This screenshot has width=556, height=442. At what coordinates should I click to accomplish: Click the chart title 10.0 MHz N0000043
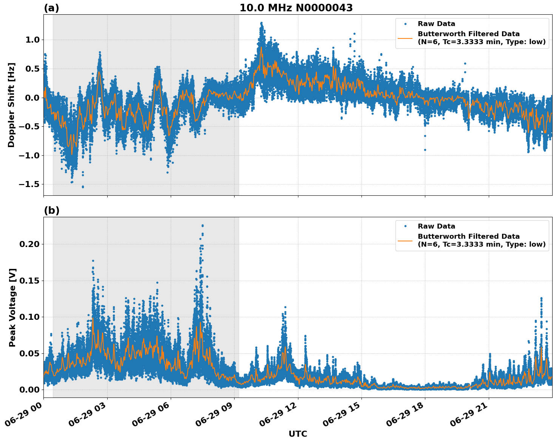(296, 8)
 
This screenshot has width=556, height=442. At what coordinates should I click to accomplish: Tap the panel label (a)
(51, 8)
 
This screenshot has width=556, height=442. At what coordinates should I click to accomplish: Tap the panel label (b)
(51, 210)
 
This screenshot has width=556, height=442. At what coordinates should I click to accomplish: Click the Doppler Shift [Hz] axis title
(11, 105)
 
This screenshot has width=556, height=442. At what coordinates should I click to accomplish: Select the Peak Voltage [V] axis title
(12, 307)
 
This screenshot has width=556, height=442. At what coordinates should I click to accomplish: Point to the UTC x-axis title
(298, 434)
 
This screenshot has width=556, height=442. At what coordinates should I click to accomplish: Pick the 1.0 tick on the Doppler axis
(34, 40)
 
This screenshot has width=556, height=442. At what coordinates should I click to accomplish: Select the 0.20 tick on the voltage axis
(29, 244)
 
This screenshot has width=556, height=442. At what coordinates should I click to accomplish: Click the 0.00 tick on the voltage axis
(29, 390)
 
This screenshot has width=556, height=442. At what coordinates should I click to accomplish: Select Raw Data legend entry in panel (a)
(436, 24)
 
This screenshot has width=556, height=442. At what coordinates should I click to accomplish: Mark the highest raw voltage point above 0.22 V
(202, 226)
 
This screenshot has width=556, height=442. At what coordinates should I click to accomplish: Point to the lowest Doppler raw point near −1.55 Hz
(83, 187)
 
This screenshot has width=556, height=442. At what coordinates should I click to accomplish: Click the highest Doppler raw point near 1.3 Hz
(261, 23)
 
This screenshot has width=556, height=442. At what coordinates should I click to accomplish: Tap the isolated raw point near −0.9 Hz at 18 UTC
(425, 150)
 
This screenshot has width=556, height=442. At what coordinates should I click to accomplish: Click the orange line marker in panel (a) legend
(405, 38)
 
